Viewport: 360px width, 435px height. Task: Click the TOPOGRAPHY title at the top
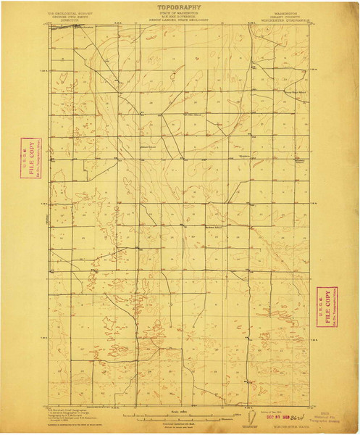[178, 6]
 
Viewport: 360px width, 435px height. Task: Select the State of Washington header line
[178, 14]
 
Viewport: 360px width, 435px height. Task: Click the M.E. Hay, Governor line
[178, 17]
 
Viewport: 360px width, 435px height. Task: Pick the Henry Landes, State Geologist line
[178, 21]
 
